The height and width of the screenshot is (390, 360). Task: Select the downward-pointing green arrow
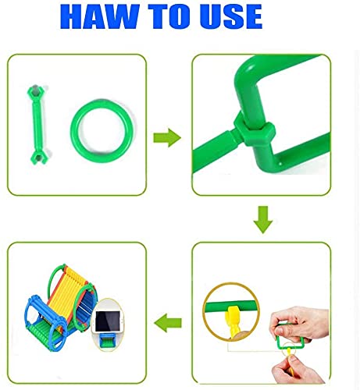[262, 221]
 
